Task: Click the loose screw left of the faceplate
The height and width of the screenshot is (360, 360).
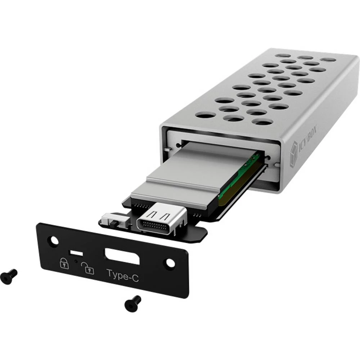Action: pos(9,276)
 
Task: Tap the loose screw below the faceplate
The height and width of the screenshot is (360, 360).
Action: pos(132,303)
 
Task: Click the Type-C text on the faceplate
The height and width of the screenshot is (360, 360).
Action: pos(122,274)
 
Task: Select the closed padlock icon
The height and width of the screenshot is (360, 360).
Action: pos(64,263)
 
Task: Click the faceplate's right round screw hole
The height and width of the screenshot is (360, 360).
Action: pos(170,263)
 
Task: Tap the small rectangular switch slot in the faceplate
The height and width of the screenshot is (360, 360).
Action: pos(76,252)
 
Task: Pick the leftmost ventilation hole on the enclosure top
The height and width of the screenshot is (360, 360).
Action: pos(205,115)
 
